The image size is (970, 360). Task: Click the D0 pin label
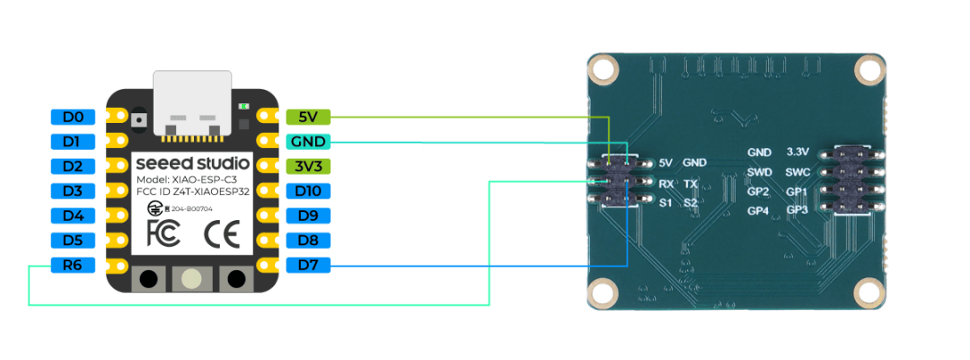[73, 117]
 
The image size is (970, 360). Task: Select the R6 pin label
[73, 265]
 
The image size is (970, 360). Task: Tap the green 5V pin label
[308, 117]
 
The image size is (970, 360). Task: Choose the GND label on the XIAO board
[308, 142]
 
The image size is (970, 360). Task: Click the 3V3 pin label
[308, 166]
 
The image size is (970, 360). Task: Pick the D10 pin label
[308, 191]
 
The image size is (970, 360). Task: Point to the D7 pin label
[308, 265]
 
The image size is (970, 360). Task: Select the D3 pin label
[73, 191]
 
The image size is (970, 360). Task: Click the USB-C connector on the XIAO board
[190, 103]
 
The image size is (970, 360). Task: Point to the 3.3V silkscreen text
[798, 152]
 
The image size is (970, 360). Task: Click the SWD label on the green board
[759, 172]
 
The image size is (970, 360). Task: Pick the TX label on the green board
[690, 183]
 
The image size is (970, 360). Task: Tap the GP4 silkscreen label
[759, 211]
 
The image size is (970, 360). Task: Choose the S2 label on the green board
[690, 203]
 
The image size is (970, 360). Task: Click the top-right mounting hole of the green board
[869, 68]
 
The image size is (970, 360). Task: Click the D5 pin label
[73, 241]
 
